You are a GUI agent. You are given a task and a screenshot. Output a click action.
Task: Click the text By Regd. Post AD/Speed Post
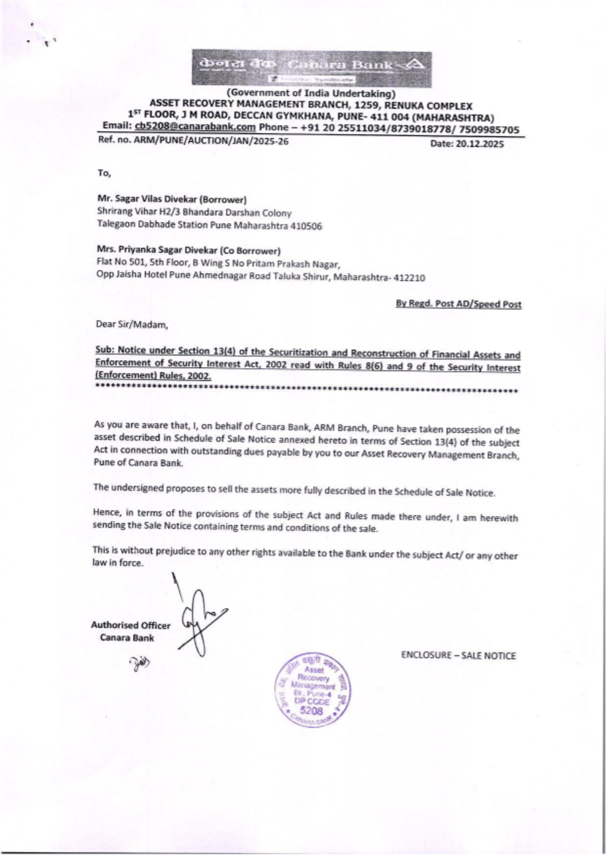pyautogui.click(x=458, y=304)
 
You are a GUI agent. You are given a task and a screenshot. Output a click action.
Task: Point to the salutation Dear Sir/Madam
pyautogui.click(x=132, y=324)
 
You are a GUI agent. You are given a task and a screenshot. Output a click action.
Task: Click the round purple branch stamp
pyautogui.click(x=313, y=691)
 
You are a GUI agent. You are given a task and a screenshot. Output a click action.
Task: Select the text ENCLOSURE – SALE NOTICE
pyautogui.click(x=458, y=655)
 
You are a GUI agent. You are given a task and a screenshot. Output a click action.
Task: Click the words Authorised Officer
pyautogui.click(x=130, y=625)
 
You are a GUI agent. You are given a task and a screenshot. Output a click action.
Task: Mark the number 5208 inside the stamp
pyautogui.click(x=312, y=711)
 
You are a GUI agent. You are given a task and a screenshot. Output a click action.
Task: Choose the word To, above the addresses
pyautogui.click(x=104, y=173)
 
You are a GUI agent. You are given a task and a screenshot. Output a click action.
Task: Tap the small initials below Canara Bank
pyautogui.click(x=139, y=662)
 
